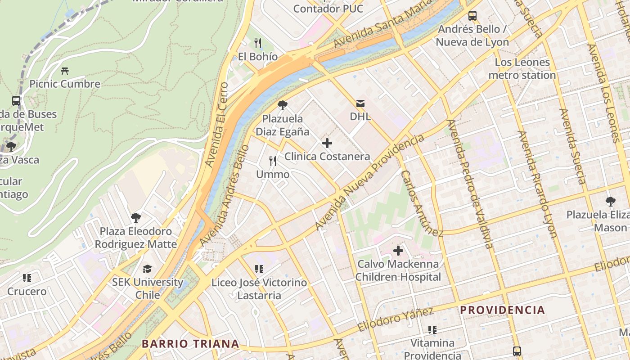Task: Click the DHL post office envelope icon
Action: [x=360, y=103]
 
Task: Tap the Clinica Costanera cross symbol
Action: [x=327, y=144]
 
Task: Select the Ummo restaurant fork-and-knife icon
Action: [x=273, y=161]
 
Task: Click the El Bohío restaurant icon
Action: [x=258, y=43]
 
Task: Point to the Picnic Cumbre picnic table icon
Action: [x=65, y=71]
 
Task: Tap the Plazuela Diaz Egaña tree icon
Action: [x=282, y=105]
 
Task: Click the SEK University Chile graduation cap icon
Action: [x=147, y=269]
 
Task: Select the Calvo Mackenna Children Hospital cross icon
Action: [x=398, y=250]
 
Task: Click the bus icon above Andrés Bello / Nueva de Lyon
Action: [x=472, y=16]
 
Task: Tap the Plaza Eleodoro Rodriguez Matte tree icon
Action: [x=135, y=218]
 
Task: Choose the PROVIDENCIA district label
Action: [x=502, y=310]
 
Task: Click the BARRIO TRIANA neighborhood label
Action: [x=190, y=344]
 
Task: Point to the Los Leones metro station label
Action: [x=522, y=68]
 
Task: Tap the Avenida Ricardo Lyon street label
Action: [x=537, y=184]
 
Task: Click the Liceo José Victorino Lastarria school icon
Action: [x=259, y=269]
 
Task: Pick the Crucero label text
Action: [x=27, y=292]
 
